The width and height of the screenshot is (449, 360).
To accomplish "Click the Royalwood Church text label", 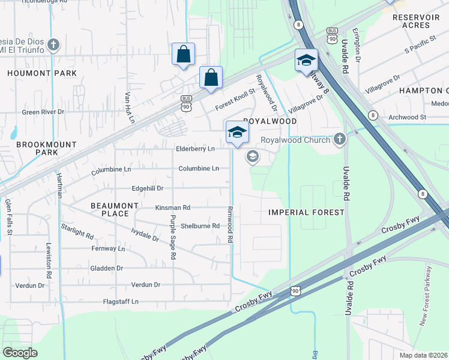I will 295,140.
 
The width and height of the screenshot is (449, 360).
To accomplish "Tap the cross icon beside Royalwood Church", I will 340,139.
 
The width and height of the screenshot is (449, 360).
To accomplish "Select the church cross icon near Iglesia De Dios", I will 54,45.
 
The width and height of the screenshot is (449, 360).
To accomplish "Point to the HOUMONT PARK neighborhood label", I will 42,73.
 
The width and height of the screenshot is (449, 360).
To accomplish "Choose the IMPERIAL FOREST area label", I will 306,212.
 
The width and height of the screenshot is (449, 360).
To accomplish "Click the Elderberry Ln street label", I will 195,149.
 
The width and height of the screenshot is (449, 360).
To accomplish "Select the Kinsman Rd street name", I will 172,208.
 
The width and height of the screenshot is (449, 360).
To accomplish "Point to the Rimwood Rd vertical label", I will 230,225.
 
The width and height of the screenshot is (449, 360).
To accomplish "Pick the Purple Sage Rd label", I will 173,237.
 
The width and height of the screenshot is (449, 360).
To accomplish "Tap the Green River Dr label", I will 43,112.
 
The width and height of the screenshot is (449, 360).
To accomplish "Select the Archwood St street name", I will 407,118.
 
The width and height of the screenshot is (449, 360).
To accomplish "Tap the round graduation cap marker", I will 253,157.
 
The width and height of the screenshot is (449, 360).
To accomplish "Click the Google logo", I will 20,352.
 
